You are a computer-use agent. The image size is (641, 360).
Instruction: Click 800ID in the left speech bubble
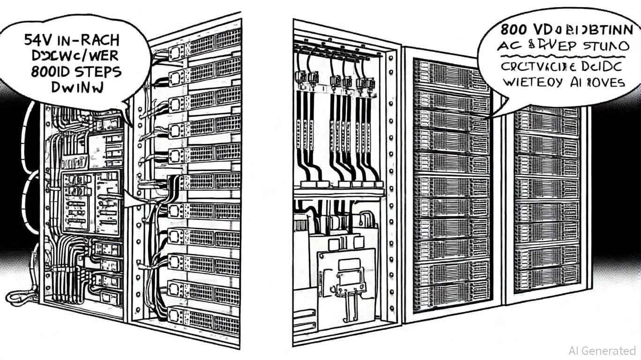click(x=50, y=72)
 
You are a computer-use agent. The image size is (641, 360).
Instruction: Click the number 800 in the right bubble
click(x=516, y=29)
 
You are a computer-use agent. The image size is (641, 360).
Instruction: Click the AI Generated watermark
click(x=602, y=351)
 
